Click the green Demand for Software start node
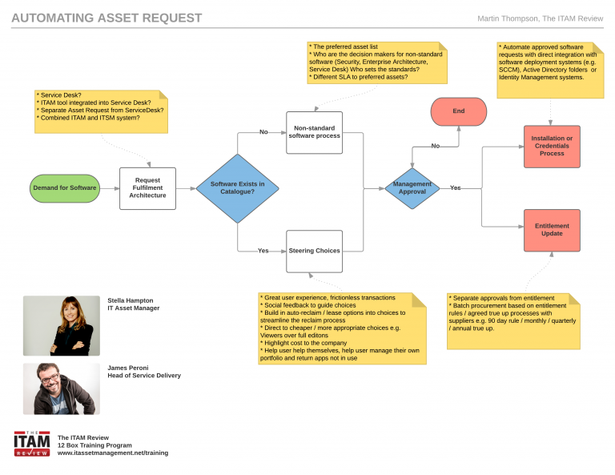[65, 188]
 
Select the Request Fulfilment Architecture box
[147, 188]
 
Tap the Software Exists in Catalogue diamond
[238, 188]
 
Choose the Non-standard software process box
[315, 132]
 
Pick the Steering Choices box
[315, 251]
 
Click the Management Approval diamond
[412, 188]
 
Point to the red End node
[459, 111]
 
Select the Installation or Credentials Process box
[552, 147]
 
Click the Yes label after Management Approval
[455, 188]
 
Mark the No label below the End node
[436, 147]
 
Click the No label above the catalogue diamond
[263, 133]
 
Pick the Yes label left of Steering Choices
[263, 251]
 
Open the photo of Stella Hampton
[61, 325]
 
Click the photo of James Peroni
[61, 388]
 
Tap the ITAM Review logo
[32, 443]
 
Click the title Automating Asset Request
[107, 18]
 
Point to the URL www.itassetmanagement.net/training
[113, 453]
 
